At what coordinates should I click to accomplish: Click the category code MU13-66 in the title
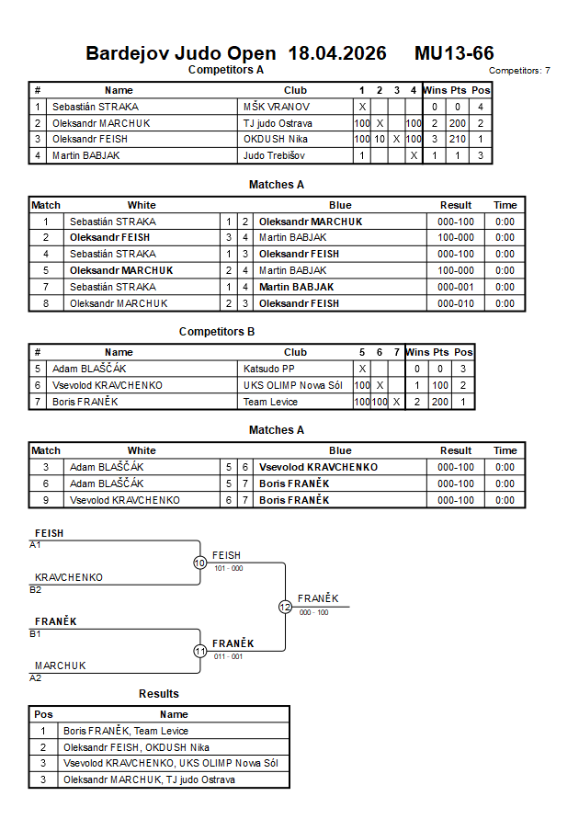[454, 53]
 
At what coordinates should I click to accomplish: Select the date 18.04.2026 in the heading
[337, 53]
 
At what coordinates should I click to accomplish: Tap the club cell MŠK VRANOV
[277, 107]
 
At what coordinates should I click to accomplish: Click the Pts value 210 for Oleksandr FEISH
[458, 140]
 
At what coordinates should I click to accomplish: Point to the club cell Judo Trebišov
[274, 155]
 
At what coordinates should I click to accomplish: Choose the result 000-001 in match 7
[456, 288]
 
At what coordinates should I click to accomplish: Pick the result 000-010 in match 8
[456, 304]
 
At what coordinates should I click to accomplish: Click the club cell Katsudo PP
[269, 369]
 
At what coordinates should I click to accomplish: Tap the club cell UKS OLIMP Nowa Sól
[293, 385]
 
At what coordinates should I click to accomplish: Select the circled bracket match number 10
[200, 563]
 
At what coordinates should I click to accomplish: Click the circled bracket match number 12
[285, 607]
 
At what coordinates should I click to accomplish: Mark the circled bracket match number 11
[200, 652]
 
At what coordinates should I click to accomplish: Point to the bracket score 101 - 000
[229, 568]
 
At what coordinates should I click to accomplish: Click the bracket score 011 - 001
[229, 656]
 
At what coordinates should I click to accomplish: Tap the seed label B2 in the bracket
[36, 590]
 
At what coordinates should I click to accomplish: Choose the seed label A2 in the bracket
[36, 678]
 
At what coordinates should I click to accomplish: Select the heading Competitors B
[217, 332]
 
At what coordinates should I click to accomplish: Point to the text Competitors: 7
[519, 71]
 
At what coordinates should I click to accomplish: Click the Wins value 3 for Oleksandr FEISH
[435, 140]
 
